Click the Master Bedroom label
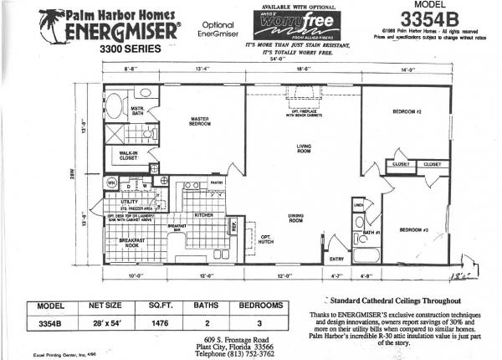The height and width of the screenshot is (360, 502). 199,122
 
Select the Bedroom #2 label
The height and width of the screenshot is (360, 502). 407,111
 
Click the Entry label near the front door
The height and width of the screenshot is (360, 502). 337,259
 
